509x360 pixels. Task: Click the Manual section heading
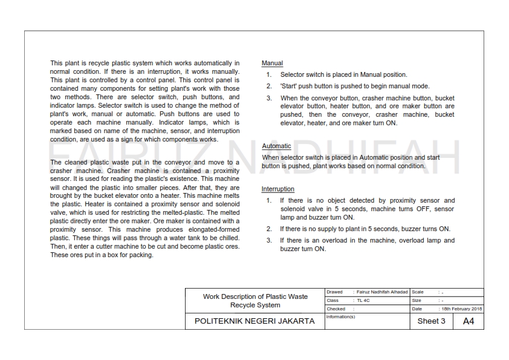point(272,63)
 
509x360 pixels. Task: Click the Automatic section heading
point(276,146)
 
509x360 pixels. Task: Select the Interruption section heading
point(277,189)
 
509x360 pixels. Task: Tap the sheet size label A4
point(468,321)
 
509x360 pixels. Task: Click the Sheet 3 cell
point(431,321)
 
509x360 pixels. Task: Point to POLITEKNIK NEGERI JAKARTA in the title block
point(254,321)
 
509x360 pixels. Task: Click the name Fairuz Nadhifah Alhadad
point(382,292)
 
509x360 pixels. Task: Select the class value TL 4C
point(363,300)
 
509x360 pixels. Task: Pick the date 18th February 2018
point(462,309)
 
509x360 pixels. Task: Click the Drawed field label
point(334,292)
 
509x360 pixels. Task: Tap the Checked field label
point(336,309)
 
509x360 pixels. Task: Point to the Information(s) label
point(340,316)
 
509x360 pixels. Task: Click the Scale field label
point(418,292)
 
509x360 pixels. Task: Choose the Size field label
point(417,300)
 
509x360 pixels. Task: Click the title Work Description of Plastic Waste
point(255,296)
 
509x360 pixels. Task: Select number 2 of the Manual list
point(269,87)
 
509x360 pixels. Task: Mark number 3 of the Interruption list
point(269,241)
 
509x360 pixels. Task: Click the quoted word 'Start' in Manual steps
point(288,87)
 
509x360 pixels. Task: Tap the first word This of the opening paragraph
point(56,63)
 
